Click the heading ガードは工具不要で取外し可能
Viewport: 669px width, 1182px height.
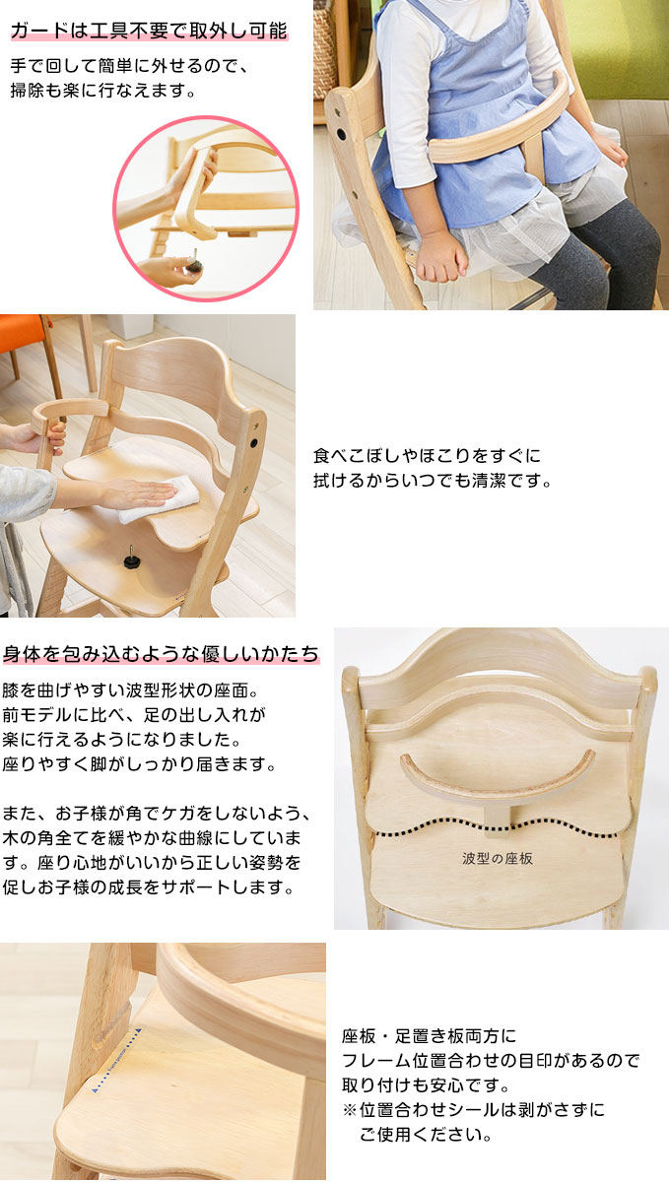148,31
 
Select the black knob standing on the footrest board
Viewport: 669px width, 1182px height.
130,558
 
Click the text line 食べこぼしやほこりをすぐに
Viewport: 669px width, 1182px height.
427,456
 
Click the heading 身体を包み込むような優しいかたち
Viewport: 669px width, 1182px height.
161,653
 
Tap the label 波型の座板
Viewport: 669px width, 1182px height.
498,858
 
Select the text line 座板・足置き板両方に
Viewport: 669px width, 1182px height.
429,1036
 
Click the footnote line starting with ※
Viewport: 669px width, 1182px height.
473,1110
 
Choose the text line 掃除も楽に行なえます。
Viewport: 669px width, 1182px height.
103,92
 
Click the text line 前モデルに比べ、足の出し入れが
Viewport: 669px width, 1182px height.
135,713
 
